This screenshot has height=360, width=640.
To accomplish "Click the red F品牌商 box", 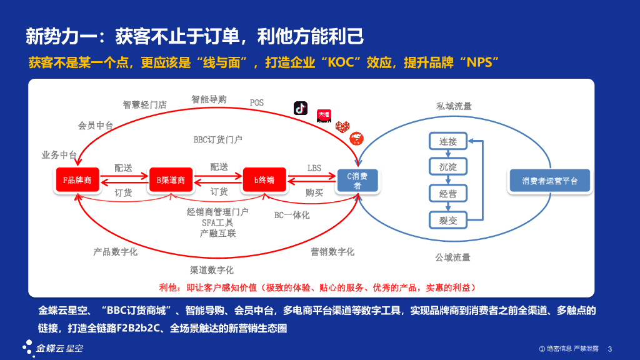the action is pyautogui.click(x=77, y=180).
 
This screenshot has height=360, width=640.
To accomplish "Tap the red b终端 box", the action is pyautogui.click(x=264, y=180).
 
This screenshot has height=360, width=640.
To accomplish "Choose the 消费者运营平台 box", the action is pyautogui.click(x=550, y=181).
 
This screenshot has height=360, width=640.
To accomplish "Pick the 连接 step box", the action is pyautogui.click(x=447, y=141).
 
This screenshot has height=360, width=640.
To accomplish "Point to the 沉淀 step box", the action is pyautogui.click(x=447, y=167).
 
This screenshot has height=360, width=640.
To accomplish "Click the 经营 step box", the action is pyautogui.click(x=447, y=194).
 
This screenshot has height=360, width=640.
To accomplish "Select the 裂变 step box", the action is pyautogui.click(x=447, y=220).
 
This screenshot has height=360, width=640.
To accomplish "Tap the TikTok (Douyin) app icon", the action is pyautogui.click(x=301, y=107).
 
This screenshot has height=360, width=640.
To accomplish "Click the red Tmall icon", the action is pyautogui.click(x=324, y=116).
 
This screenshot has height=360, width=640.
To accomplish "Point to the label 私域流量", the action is pyautogui.click(x=454, y=107).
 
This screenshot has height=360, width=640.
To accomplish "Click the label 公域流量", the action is pyautogui.click(x=452, y=257).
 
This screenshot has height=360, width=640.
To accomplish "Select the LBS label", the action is pyautogui.click(x=314, y=168).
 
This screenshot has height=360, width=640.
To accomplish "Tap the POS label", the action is pyautogui.click(x=257, y=102).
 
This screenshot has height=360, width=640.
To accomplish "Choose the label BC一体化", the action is pyautogui.click(x=292, y=215).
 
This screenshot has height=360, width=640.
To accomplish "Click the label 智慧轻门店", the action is pyautogui.click(x=145, y=104).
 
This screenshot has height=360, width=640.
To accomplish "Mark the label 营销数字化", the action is pyautogui.click(x=332, y=251).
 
